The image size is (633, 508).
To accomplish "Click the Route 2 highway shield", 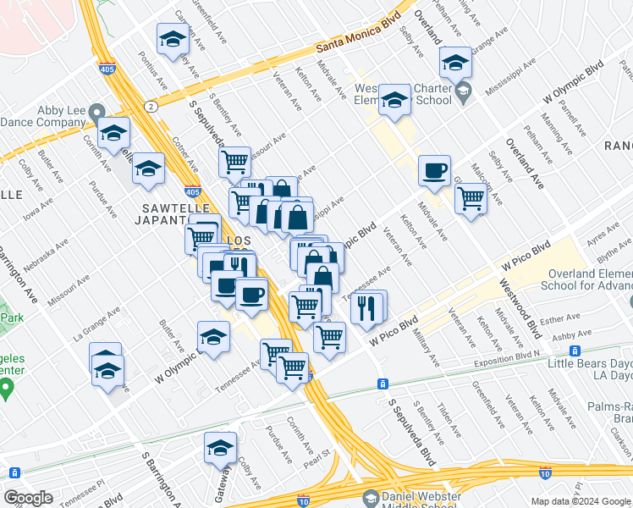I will coord(150,106).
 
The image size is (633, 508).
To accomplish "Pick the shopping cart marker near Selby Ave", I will coord(471,200).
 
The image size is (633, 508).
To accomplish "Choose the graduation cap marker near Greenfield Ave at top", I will coord(173,39).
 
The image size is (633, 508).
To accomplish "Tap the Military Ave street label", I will coord(427,347).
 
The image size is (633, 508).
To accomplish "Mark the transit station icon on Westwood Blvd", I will coord(575,351).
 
